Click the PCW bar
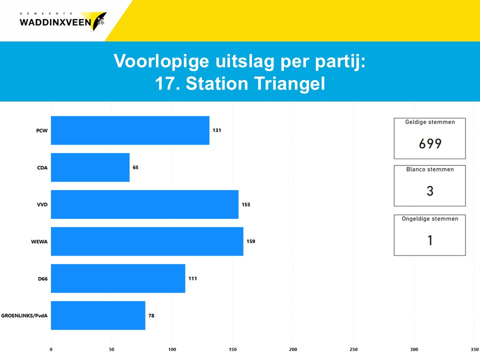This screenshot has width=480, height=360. [x=130, y=130]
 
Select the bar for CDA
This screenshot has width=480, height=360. [x=90, y=167]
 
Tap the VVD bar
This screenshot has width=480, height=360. [x=145, y=204]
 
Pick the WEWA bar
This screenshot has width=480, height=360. [x=147, y=241]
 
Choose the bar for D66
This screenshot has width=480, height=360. [x=118, y=278]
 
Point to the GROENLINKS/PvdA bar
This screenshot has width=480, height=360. [x=98, y=315]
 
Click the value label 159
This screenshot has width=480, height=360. [x=250, y=241]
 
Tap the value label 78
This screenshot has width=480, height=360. [x=151, y=315]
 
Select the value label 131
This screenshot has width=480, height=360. [x=216, y=130]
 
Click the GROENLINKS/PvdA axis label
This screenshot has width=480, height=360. [x=24, y=315]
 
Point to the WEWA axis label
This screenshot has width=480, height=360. [x=39, y=242]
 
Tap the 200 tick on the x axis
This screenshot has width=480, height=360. [x=293, y=349]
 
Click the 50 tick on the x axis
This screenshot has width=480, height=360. [x=111, y=349]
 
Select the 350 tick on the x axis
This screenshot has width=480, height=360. [x=474, y=349]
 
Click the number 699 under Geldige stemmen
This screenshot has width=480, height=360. [x=430, y=143]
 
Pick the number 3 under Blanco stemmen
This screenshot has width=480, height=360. [x=430, y=191]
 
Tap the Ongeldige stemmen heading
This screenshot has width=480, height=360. [x=430, y=219]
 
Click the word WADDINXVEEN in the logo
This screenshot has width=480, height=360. [x=55, y=22]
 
